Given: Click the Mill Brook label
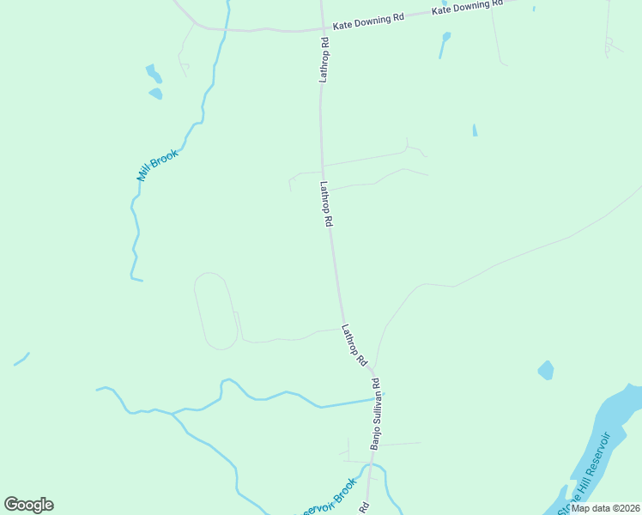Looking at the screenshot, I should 157,166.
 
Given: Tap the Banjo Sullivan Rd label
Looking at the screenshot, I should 375,413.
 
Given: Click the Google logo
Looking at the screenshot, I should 28,505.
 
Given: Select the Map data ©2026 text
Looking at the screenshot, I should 605,507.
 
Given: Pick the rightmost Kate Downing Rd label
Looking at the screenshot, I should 466,8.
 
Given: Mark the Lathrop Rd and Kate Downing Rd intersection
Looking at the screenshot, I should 322,29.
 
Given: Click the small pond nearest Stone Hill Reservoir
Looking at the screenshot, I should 546,370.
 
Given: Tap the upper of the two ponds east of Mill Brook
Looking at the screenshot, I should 153,72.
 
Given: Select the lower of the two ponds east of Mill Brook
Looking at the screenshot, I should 155,93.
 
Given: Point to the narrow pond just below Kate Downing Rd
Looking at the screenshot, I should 444,45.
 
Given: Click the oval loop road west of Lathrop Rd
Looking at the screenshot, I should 215,311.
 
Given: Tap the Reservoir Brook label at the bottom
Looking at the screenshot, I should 327,499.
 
